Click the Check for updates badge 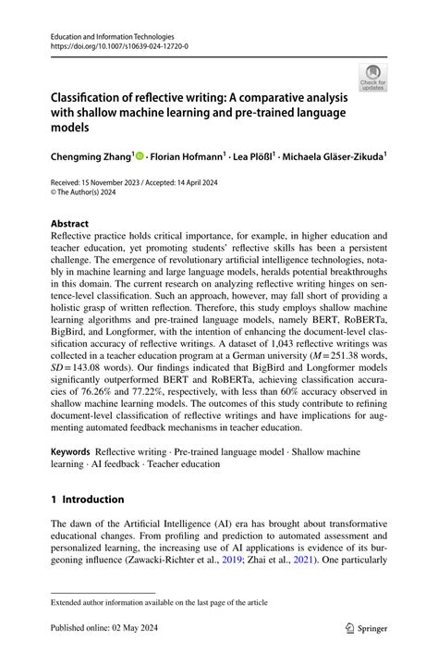373,77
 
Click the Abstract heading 70,223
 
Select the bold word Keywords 70,453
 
